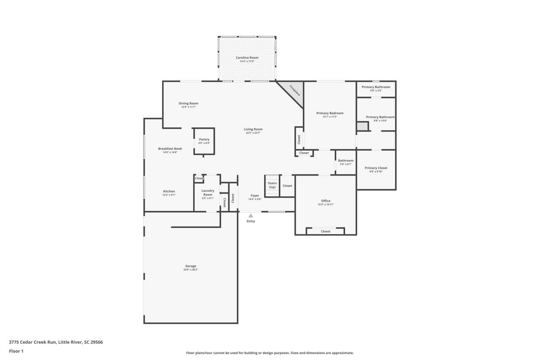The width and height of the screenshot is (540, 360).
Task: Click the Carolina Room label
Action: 247,57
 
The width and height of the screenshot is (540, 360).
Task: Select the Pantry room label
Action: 204,140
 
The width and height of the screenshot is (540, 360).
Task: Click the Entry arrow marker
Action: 251,216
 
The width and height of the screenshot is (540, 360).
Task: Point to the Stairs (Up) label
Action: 272,185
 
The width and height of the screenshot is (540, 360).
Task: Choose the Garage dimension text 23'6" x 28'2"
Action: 191,270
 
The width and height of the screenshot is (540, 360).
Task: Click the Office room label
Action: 326,201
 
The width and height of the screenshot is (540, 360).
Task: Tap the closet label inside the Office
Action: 326,231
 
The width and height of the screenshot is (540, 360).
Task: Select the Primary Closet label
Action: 376,168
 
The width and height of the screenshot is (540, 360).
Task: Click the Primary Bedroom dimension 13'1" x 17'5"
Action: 330,117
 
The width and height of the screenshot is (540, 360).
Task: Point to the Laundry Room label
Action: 208,192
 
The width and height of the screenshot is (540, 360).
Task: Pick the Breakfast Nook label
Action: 170,149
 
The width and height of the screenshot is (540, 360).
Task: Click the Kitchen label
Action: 169,191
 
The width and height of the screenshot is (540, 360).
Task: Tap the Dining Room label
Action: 189,103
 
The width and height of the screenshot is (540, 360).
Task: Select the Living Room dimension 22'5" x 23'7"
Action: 253,133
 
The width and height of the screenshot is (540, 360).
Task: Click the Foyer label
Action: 255,195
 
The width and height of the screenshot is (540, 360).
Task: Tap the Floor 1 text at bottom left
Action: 16,351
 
